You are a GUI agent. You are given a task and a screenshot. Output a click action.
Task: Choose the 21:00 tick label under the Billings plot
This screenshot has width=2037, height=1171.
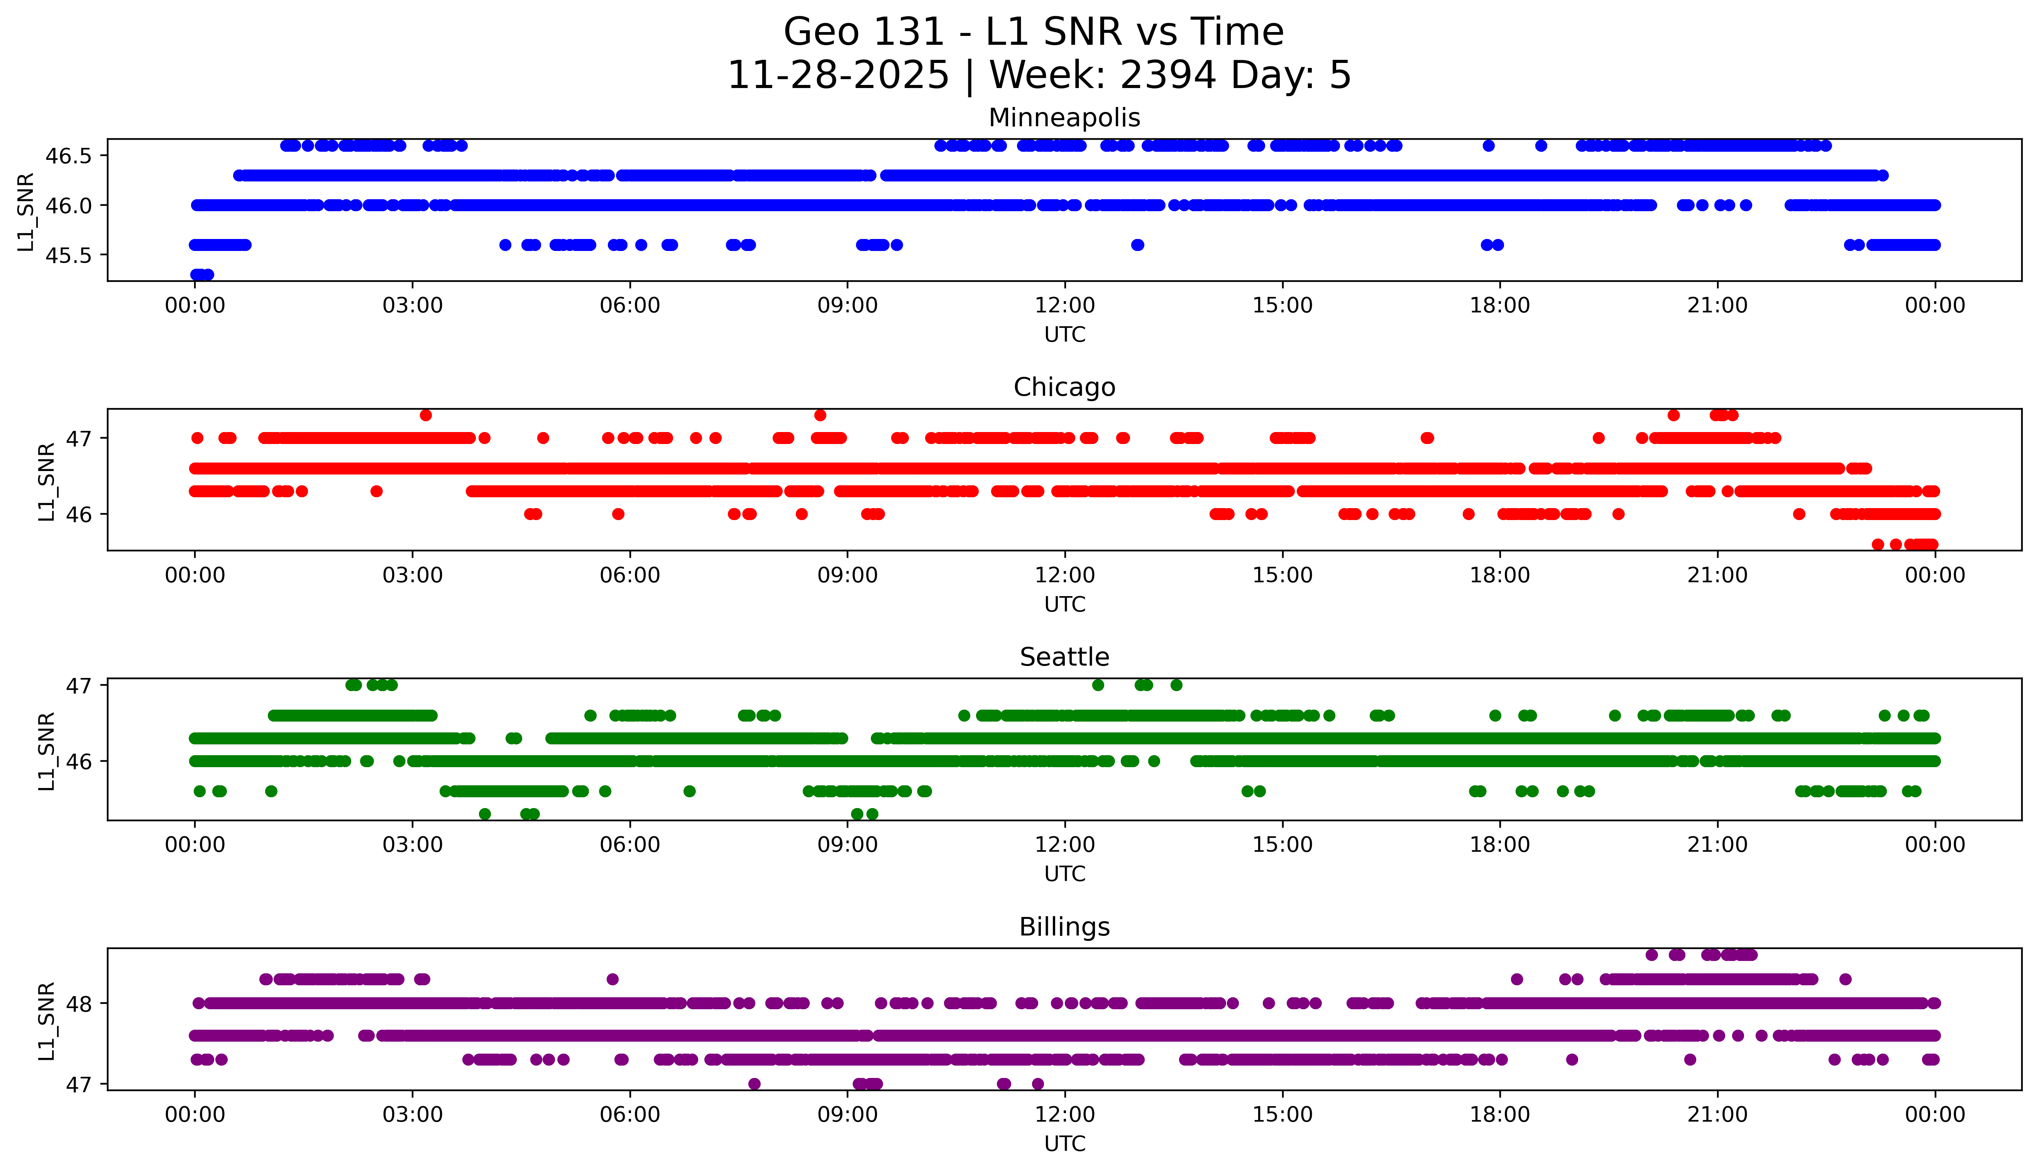(1717, 1115)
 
